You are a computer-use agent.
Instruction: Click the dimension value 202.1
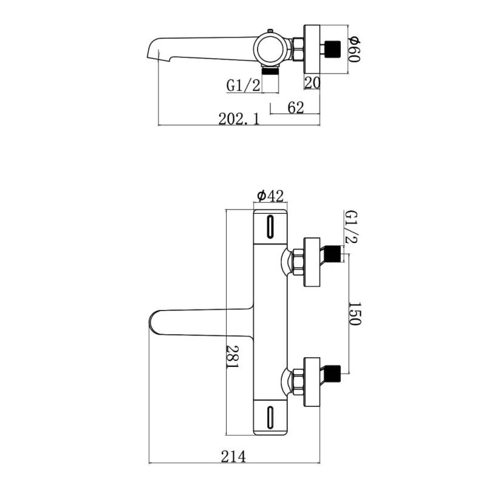(x=239, y=119)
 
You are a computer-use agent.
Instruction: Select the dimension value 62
(x=295, y=108)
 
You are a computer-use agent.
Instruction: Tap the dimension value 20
(x=312, y=83)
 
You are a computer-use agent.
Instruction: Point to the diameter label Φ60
(x=354, y=49)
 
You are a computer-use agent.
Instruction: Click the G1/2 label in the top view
(x=244, y=86)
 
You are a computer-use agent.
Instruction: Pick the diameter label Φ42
(x=270, y=196)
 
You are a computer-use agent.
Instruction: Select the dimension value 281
(x=233, y=357)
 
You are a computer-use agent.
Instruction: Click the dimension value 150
(x=355, y=313)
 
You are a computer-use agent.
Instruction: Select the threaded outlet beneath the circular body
(x=270, y=71)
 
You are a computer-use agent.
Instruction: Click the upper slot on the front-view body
(x=270, y=227)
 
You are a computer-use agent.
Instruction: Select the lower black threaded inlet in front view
(x=334, y=374)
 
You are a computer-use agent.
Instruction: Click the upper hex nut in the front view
(x=298, y=262)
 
